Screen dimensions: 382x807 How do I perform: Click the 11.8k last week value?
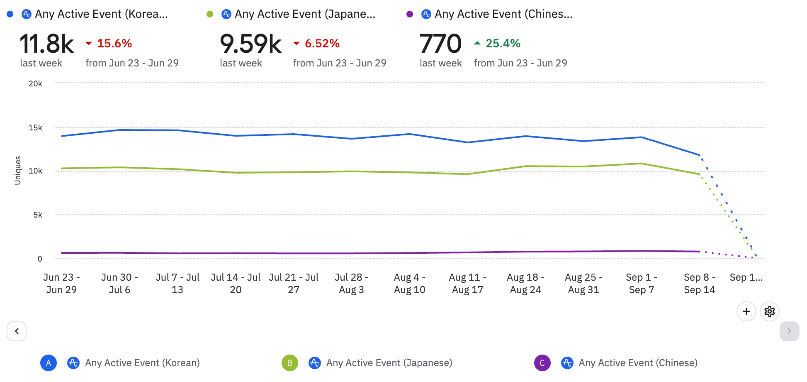(47, 44)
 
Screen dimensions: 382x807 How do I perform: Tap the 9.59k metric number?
(250, 44)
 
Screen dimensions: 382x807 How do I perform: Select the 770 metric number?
(440, 44)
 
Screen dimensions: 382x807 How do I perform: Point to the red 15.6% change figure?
(114, 43)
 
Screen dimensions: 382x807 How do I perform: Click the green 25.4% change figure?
(503, 43)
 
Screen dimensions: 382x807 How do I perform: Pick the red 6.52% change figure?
(322, 43)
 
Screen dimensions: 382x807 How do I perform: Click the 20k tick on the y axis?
(35, 83)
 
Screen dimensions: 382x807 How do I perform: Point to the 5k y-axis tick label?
(38, 215)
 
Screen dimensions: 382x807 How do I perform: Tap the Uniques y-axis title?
(17, 170)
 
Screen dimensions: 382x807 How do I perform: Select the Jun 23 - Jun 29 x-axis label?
(61, 283)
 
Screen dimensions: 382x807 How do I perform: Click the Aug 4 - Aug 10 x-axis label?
(409, 283)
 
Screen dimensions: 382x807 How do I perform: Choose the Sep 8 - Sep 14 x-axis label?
(699, 283)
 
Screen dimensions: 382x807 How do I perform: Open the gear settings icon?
(769, 311)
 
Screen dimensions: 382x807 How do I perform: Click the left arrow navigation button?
(17, 331)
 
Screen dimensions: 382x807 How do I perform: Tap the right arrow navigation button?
(789, 331)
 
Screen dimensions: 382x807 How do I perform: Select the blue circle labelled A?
(49, 363)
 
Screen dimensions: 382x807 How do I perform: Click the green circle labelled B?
(289, 363)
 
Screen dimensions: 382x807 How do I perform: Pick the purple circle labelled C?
(542, 363)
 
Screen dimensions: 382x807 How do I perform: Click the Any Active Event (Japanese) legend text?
(389, 363)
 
